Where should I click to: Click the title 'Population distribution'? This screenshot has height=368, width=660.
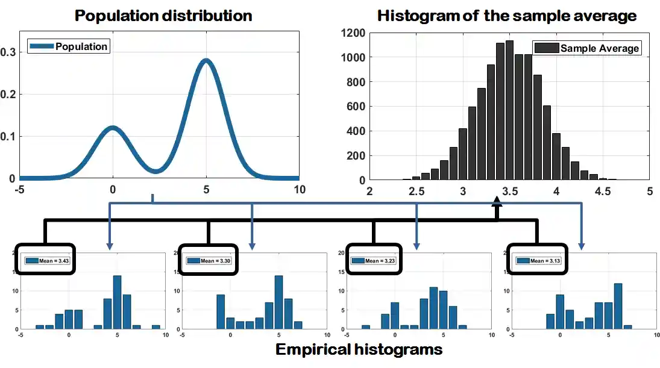tap(163, 16)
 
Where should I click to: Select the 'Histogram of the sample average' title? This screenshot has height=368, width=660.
tap(506, 16)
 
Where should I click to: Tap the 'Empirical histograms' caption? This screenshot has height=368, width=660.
tap(359, 349)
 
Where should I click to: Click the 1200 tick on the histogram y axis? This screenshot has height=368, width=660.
tap(355, 33)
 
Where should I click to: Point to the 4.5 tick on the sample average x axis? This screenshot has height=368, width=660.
tap(602, 192)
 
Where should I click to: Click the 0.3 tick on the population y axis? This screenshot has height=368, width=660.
tap(8, 52)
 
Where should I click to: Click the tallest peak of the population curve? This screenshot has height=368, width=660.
tap(206, 60)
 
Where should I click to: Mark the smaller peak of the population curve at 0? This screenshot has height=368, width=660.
tap(113, 127)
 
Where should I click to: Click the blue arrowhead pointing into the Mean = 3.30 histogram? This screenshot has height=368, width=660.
tap(252, 246)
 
